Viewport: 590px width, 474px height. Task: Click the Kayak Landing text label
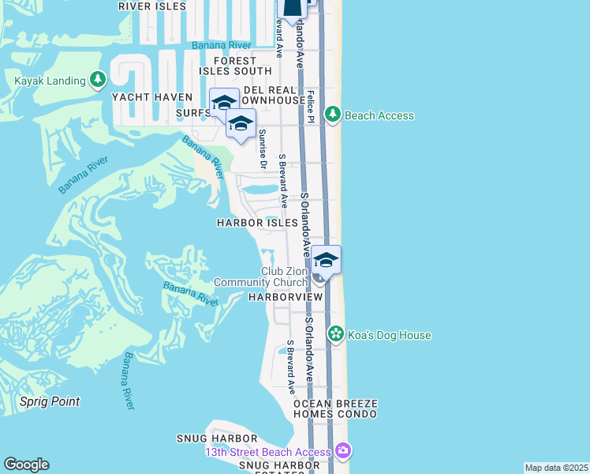49,80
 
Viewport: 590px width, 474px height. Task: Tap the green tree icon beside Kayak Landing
98,80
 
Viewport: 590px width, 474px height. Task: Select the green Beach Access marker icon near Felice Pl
333,115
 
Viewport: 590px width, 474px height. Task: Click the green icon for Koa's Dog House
336,335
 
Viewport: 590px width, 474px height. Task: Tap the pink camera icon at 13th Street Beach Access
343,451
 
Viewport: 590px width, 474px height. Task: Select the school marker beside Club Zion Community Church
326,261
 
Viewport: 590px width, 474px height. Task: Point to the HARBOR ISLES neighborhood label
258,223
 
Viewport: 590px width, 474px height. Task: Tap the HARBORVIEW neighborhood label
286,297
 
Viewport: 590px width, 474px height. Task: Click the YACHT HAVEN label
152,97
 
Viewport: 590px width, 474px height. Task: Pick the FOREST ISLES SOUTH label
235,66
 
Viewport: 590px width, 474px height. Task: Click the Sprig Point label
50,401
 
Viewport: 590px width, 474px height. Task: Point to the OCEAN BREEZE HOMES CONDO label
335,408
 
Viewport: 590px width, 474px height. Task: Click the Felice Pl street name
312,106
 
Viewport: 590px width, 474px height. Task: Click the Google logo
26,465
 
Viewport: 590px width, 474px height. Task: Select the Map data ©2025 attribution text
556,468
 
